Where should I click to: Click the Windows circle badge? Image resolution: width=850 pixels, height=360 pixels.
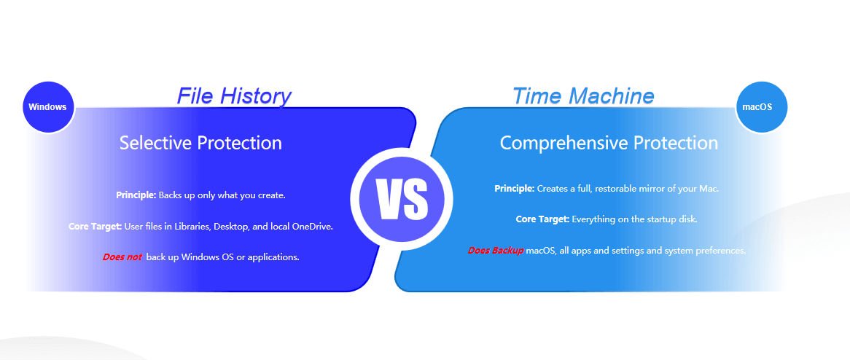tap(47, 107)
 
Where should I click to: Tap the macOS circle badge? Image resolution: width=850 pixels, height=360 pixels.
tap(761, 107)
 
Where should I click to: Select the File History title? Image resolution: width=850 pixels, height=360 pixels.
tap(234, 96)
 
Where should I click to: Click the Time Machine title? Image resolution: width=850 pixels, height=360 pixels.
tap(583, 96)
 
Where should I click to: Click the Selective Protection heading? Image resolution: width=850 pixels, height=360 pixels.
tap(200, 143)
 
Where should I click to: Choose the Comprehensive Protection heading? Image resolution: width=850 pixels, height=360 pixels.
tap(609, 143)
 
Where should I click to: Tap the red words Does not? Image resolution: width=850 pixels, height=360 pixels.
tap(122, 257)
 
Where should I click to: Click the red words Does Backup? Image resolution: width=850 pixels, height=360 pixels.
tap(496, 251)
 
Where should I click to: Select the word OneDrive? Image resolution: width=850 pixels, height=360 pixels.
tap(312, 227)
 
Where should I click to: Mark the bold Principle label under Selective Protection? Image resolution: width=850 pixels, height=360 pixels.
tap(136, 195)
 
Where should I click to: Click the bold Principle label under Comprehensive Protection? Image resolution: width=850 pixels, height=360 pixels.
tap(515, 189)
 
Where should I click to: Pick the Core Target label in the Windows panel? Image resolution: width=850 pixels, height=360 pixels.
tap(95, 227)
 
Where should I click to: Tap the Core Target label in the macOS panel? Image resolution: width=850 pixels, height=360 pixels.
tap(542, 219)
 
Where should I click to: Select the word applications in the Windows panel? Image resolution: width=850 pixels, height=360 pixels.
tap(272, 257)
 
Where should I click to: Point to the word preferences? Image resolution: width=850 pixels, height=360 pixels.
tap(723, 251)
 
